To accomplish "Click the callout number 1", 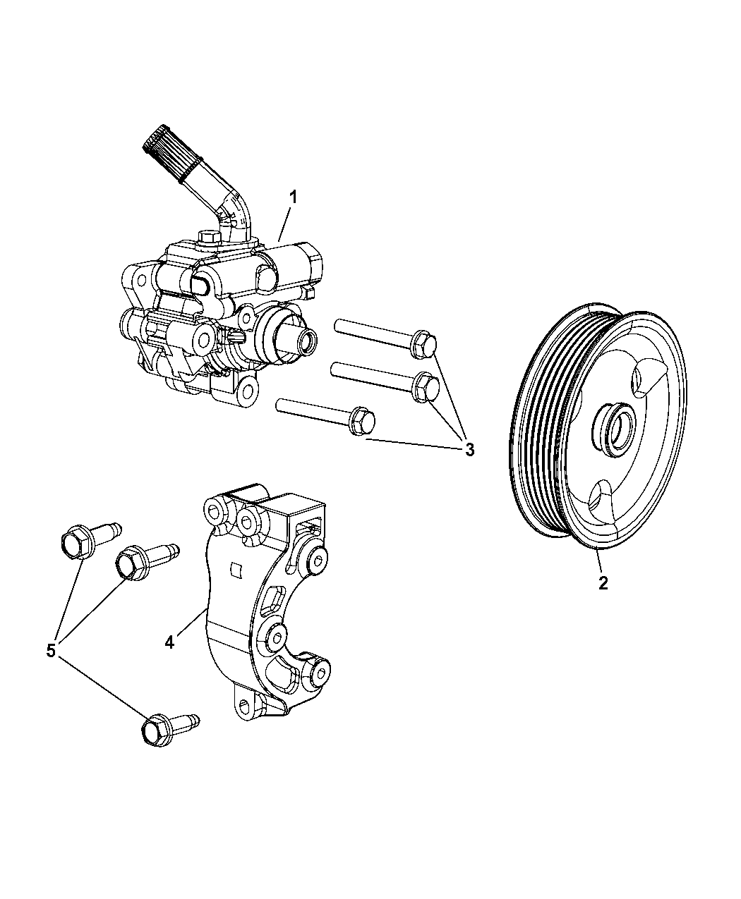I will pos(293,197).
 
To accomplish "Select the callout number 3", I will pos(469,449).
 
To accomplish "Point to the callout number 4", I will pos(169,642).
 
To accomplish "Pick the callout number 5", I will pos(51,651).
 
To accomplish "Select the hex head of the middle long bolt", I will pos(427,386).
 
